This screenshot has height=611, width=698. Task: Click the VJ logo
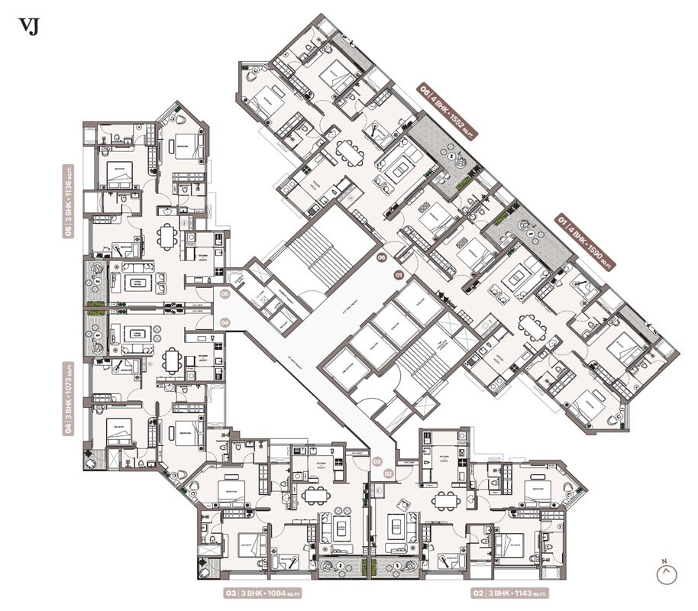point(28,27)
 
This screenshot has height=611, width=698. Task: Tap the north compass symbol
point(666,572)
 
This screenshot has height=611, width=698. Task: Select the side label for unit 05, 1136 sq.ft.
point(69,200)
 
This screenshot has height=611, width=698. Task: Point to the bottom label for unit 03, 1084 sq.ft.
point(263,593)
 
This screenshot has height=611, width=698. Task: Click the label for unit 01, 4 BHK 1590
point(586,242)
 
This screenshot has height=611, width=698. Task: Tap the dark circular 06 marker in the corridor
point(382,258)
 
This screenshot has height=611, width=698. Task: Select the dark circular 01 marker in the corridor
point(398,273)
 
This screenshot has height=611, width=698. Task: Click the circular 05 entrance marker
point(225,293)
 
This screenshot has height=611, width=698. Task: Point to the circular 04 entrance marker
point(225,323)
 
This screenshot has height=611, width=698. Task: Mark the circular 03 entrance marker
point(376,461)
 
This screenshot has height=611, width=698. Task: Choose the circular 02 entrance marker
point(388,474)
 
